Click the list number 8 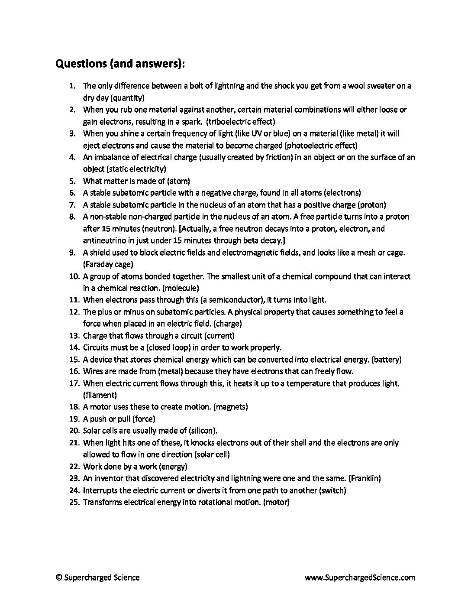point(72,217)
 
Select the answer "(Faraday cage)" point(108,264)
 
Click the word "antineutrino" point(103,240)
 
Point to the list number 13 point(74,335)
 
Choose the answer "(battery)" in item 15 point(387,359)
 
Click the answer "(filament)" point(100,395)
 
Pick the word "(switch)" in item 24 point(332,490)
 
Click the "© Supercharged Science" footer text point(98,577)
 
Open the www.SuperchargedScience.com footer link point(360,577)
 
